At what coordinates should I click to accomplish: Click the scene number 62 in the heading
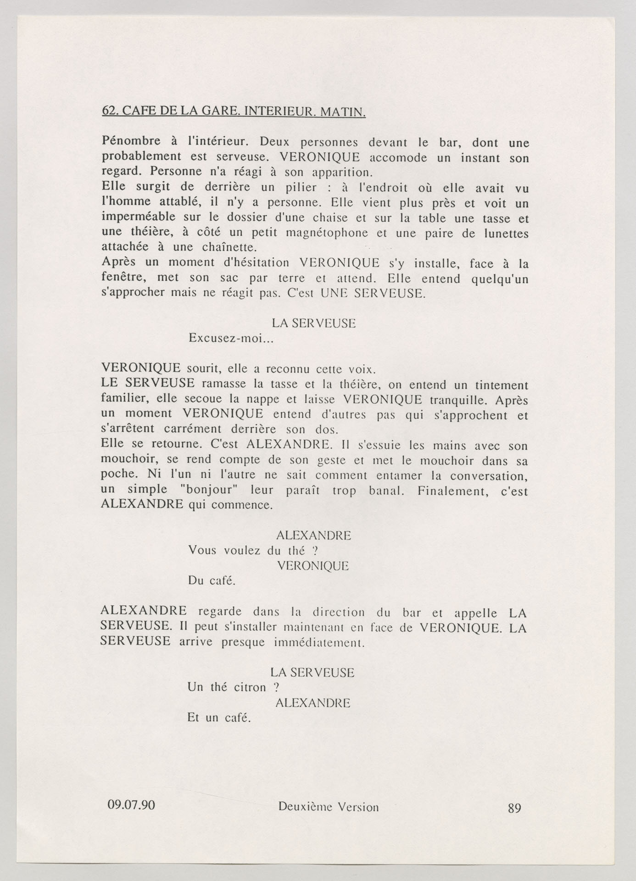tap(108, 111)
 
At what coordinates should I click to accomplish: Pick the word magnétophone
tap(327, 233)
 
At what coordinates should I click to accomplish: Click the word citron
tap(250, 687)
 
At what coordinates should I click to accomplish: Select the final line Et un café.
tap(218, 717)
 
